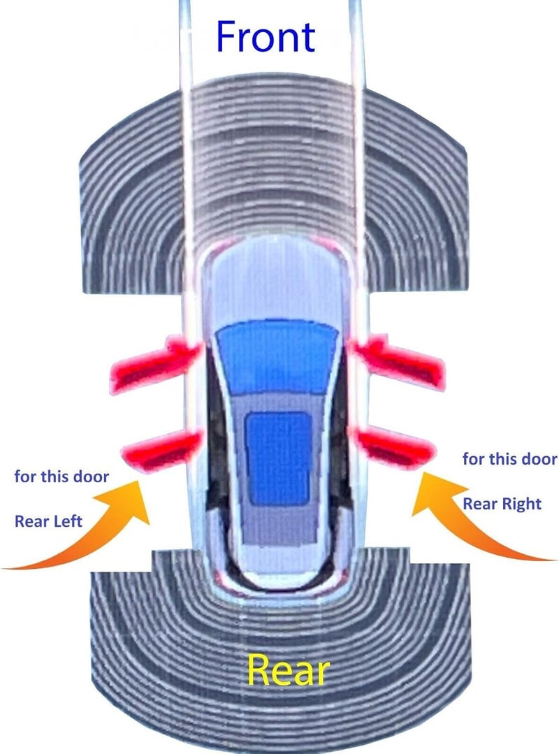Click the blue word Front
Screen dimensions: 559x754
pyautogui.click(x=266, y=36)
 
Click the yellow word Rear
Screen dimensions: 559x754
pyautogui.click(x=289, y=670)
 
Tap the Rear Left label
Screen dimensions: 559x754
pyautogui.click(x=48, y=521)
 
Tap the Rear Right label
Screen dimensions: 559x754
pyautogui.click(x=502, y=503)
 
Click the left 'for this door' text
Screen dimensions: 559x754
pyautogui.click(x=61, y=477)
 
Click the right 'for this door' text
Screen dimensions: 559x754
pyautogui.click(x=509, y=458)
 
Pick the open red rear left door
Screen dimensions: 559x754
pyautogui.click(x=161, y=449)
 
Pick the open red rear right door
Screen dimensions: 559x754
pyautogui.click(x=395, y=447)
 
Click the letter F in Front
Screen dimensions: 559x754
pyautogui.click(x=226, y=36)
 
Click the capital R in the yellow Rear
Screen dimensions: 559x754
pyautogui.click(x=259, y=669)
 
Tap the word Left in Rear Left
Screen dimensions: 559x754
pyautogui.click(x=64, y=521)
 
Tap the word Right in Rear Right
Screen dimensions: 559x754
pyautogui.click(x=522, y=503)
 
